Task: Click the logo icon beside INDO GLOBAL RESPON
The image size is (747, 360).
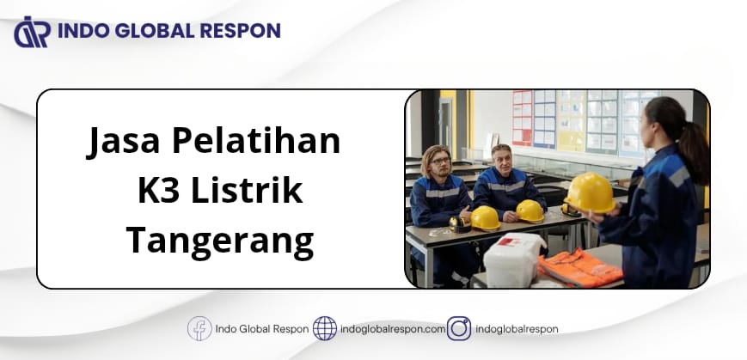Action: point(33,32)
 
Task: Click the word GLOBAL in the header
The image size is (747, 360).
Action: point(149,31)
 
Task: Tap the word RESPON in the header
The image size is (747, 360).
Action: point(241,31)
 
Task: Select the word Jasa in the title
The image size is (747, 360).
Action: point(123,141)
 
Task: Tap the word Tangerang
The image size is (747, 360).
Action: point(219,243)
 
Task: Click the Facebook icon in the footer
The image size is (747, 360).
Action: point(199,328)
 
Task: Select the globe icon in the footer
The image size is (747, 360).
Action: point(324,328)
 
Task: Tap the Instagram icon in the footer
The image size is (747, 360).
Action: point(459,328)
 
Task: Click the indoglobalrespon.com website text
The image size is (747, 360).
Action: point(393,329)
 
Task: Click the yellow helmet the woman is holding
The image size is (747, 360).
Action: point(590,192)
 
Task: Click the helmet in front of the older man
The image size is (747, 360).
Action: point(530,211)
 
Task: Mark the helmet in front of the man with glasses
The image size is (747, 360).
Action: point(485,218)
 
